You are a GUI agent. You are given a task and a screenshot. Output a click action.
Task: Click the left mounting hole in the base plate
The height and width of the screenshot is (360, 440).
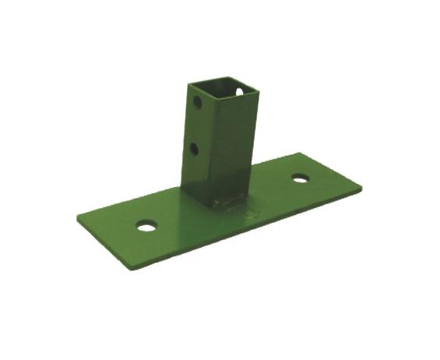146,226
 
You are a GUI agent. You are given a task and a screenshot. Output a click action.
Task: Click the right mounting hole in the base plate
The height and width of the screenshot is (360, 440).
300,178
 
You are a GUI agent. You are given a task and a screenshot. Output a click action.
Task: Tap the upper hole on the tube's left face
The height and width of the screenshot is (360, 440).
198,102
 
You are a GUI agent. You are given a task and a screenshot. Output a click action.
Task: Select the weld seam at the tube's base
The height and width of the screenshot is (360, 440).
226,204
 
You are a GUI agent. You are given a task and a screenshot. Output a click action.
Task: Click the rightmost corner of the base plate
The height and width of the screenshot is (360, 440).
362,188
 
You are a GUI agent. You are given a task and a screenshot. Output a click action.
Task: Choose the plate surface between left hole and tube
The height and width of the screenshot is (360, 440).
167,210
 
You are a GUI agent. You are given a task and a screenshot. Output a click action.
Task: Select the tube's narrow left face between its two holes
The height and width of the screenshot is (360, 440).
196,125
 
